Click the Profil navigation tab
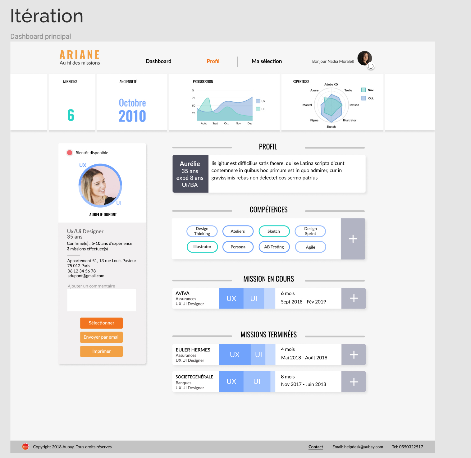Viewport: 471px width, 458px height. tap(213, 61)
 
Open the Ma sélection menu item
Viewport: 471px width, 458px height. tap(267, 61)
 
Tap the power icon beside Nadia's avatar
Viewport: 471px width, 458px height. tap(371, 66)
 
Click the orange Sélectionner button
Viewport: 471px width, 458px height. tap(101, 323)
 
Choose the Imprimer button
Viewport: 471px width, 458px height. tap(101, 351)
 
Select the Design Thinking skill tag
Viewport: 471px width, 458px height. tap(202, 231)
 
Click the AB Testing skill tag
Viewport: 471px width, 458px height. tap(274, 247)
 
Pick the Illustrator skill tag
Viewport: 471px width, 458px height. tap(202, 247)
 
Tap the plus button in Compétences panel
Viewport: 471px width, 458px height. tap(353, 239)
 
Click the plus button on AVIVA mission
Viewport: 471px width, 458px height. tap(354, 298)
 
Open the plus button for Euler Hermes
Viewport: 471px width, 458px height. tap(354, 355)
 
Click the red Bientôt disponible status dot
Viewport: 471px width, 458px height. tap(70, 153)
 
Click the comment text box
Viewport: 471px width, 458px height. tap(102, 300)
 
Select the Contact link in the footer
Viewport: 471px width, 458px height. tap(316, 447)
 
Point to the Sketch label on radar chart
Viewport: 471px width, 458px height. tap(331, 127)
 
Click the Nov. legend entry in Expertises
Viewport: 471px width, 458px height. tap(368, 90)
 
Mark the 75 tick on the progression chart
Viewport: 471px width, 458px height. tap(194, 98)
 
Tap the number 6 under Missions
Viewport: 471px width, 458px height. tap(71, 115)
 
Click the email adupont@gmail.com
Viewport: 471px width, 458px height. tap(86, 276)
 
